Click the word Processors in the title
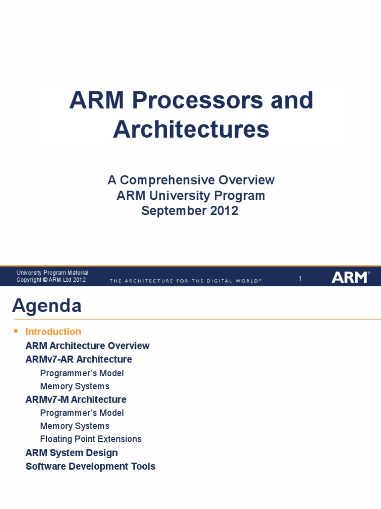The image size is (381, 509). pos(197,100)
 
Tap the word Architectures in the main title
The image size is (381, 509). pos(191,129)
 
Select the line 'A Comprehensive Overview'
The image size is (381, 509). pos(191,180)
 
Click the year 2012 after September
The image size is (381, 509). pos(224,211)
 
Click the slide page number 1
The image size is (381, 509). pos(300,278)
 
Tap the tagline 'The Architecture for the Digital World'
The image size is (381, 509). pos(186,281)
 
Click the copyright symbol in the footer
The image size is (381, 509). pos(45,280)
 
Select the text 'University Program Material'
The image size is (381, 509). pos(53,273)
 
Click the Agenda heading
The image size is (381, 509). pos(47,306)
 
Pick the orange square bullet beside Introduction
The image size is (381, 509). pos(15,331)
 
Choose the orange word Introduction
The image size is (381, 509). pos(54,332)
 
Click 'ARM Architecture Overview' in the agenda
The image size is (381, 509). pos(87,346)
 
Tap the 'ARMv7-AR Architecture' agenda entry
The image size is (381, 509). pos(79,359)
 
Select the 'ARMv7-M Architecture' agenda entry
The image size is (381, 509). pos(76,399)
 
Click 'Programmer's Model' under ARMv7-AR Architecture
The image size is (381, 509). pos(82,373)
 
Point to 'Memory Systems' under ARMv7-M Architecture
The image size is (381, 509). pos(75,426)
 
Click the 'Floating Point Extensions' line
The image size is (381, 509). pos(91,439)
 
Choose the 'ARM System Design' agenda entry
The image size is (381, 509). pos(71,453)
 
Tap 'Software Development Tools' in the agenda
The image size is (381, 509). pos(90,466)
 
